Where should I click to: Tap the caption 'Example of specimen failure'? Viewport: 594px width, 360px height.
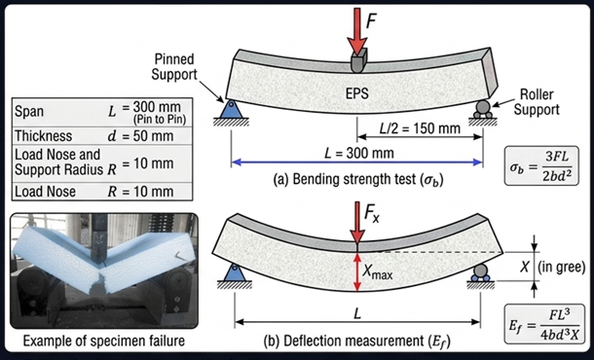click(x=101, y=341)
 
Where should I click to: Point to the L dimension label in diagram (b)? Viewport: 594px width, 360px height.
click(x=356, y=318)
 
